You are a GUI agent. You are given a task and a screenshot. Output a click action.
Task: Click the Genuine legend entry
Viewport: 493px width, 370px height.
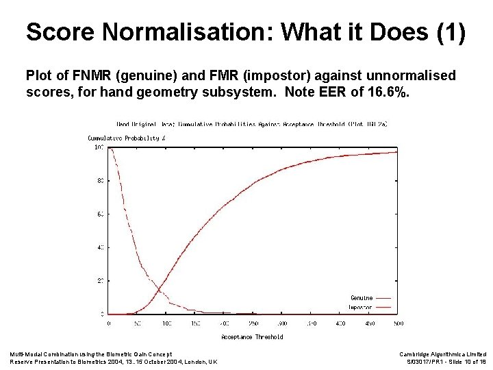pyautogui.click(x=362, y=298)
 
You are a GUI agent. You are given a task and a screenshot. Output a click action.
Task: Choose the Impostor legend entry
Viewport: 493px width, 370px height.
pyautogui.click(x=362, y=307)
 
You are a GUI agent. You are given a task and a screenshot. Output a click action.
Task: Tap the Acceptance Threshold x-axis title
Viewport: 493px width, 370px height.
pyautogui.click(x=252, y=337)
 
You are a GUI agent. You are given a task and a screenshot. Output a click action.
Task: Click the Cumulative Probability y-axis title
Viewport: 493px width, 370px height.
pyautogui.click(x=127, y=138)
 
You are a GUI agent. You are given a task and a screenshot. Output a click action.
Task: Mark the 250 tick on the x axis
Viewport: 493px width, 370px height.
pyautogui.click(x=253, y=323)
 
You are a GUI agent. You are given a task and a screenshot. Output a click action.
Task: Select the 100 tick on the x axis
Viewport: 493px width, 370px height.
pyautogui.click(x=167, y=323)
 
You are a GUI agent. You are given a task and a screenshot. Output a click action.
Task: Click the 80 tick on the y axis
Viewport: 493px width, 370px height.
pyautogui.click(x=99, y=181)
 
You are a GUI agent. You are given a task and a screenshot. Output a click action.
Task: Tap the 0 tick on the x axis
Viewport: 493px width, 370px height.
pyautogui.click(x=110, y=323)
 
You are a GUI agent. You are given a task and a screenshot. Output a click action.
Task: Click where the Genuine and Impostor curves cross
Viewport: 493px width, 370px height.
pyautogui.click(x=160, y=288)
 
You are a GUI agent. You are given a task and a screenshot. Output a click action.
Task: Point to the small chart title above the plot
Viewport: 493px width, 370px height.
pyautogui.click(x=252, y=124)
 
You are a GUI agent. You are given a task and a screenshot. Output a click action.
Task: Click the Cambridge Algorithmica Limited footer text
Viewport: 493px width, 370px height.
pyautogui.click(x=442, y=354)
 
